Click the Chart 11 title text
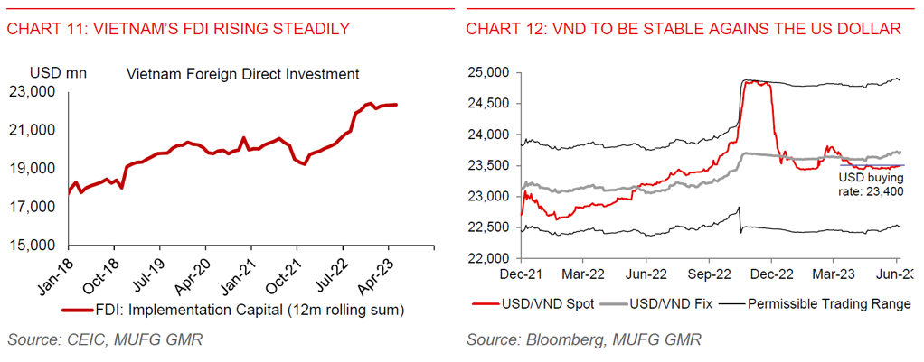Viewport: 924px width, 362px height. coord(178,30)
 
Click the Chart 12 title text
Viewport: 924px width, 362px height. coord(683,30)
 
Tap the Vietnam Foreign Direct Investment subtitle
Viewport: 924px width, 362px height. coord(243,73)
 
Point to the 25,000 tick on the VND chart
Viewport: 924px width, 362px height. coord(486,72)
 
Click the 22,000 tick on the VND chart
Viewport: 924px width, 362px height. coord(486,259)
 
